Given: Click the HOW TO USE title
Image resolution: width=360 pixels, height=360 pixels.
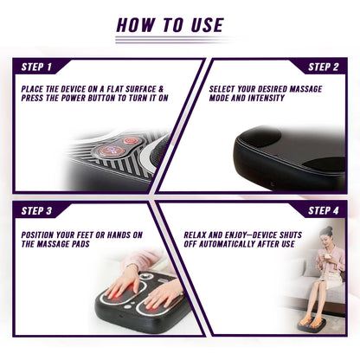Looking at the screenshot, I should point(170,24).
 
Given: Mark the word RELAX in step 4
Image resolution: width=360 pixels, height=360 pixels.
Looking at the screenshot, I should point(200,234).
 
